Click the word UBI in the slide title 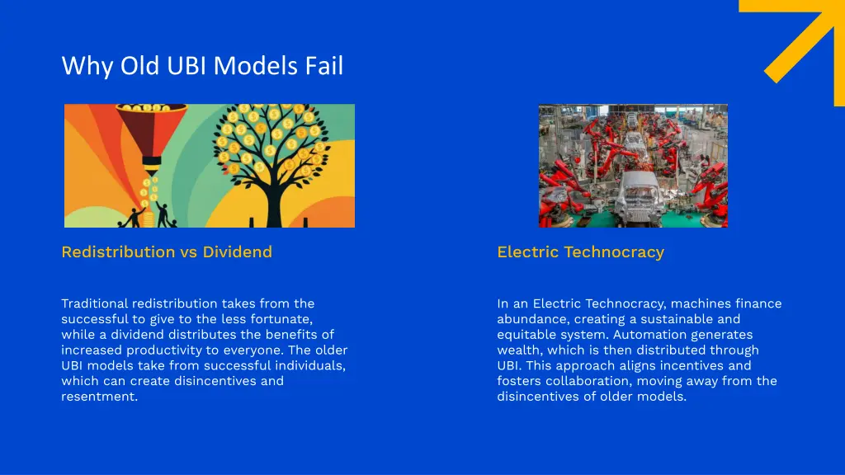pyautogui.click(x=187, y=65)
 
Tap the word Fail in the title pyautogui.click(x=323, y=65)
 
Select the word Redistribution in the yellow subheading pyautogui.click(x=118, y=252)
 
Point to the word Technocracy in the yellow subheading pyautogui.click(x=614, y=252)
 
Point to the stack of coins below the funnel pyautogui.click(x=148, y=195)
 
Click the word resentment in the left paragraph pyautogui.click(x=99, y=397)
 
